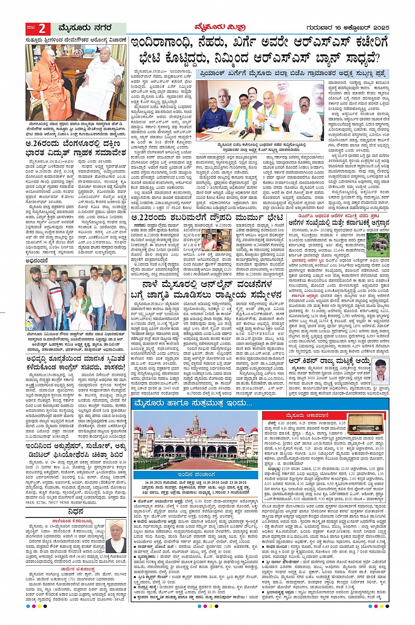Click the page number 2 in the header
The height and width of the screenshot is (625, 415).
pos(42,29)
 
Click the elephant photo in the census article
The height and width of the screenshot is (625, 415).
pos(377,244)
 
